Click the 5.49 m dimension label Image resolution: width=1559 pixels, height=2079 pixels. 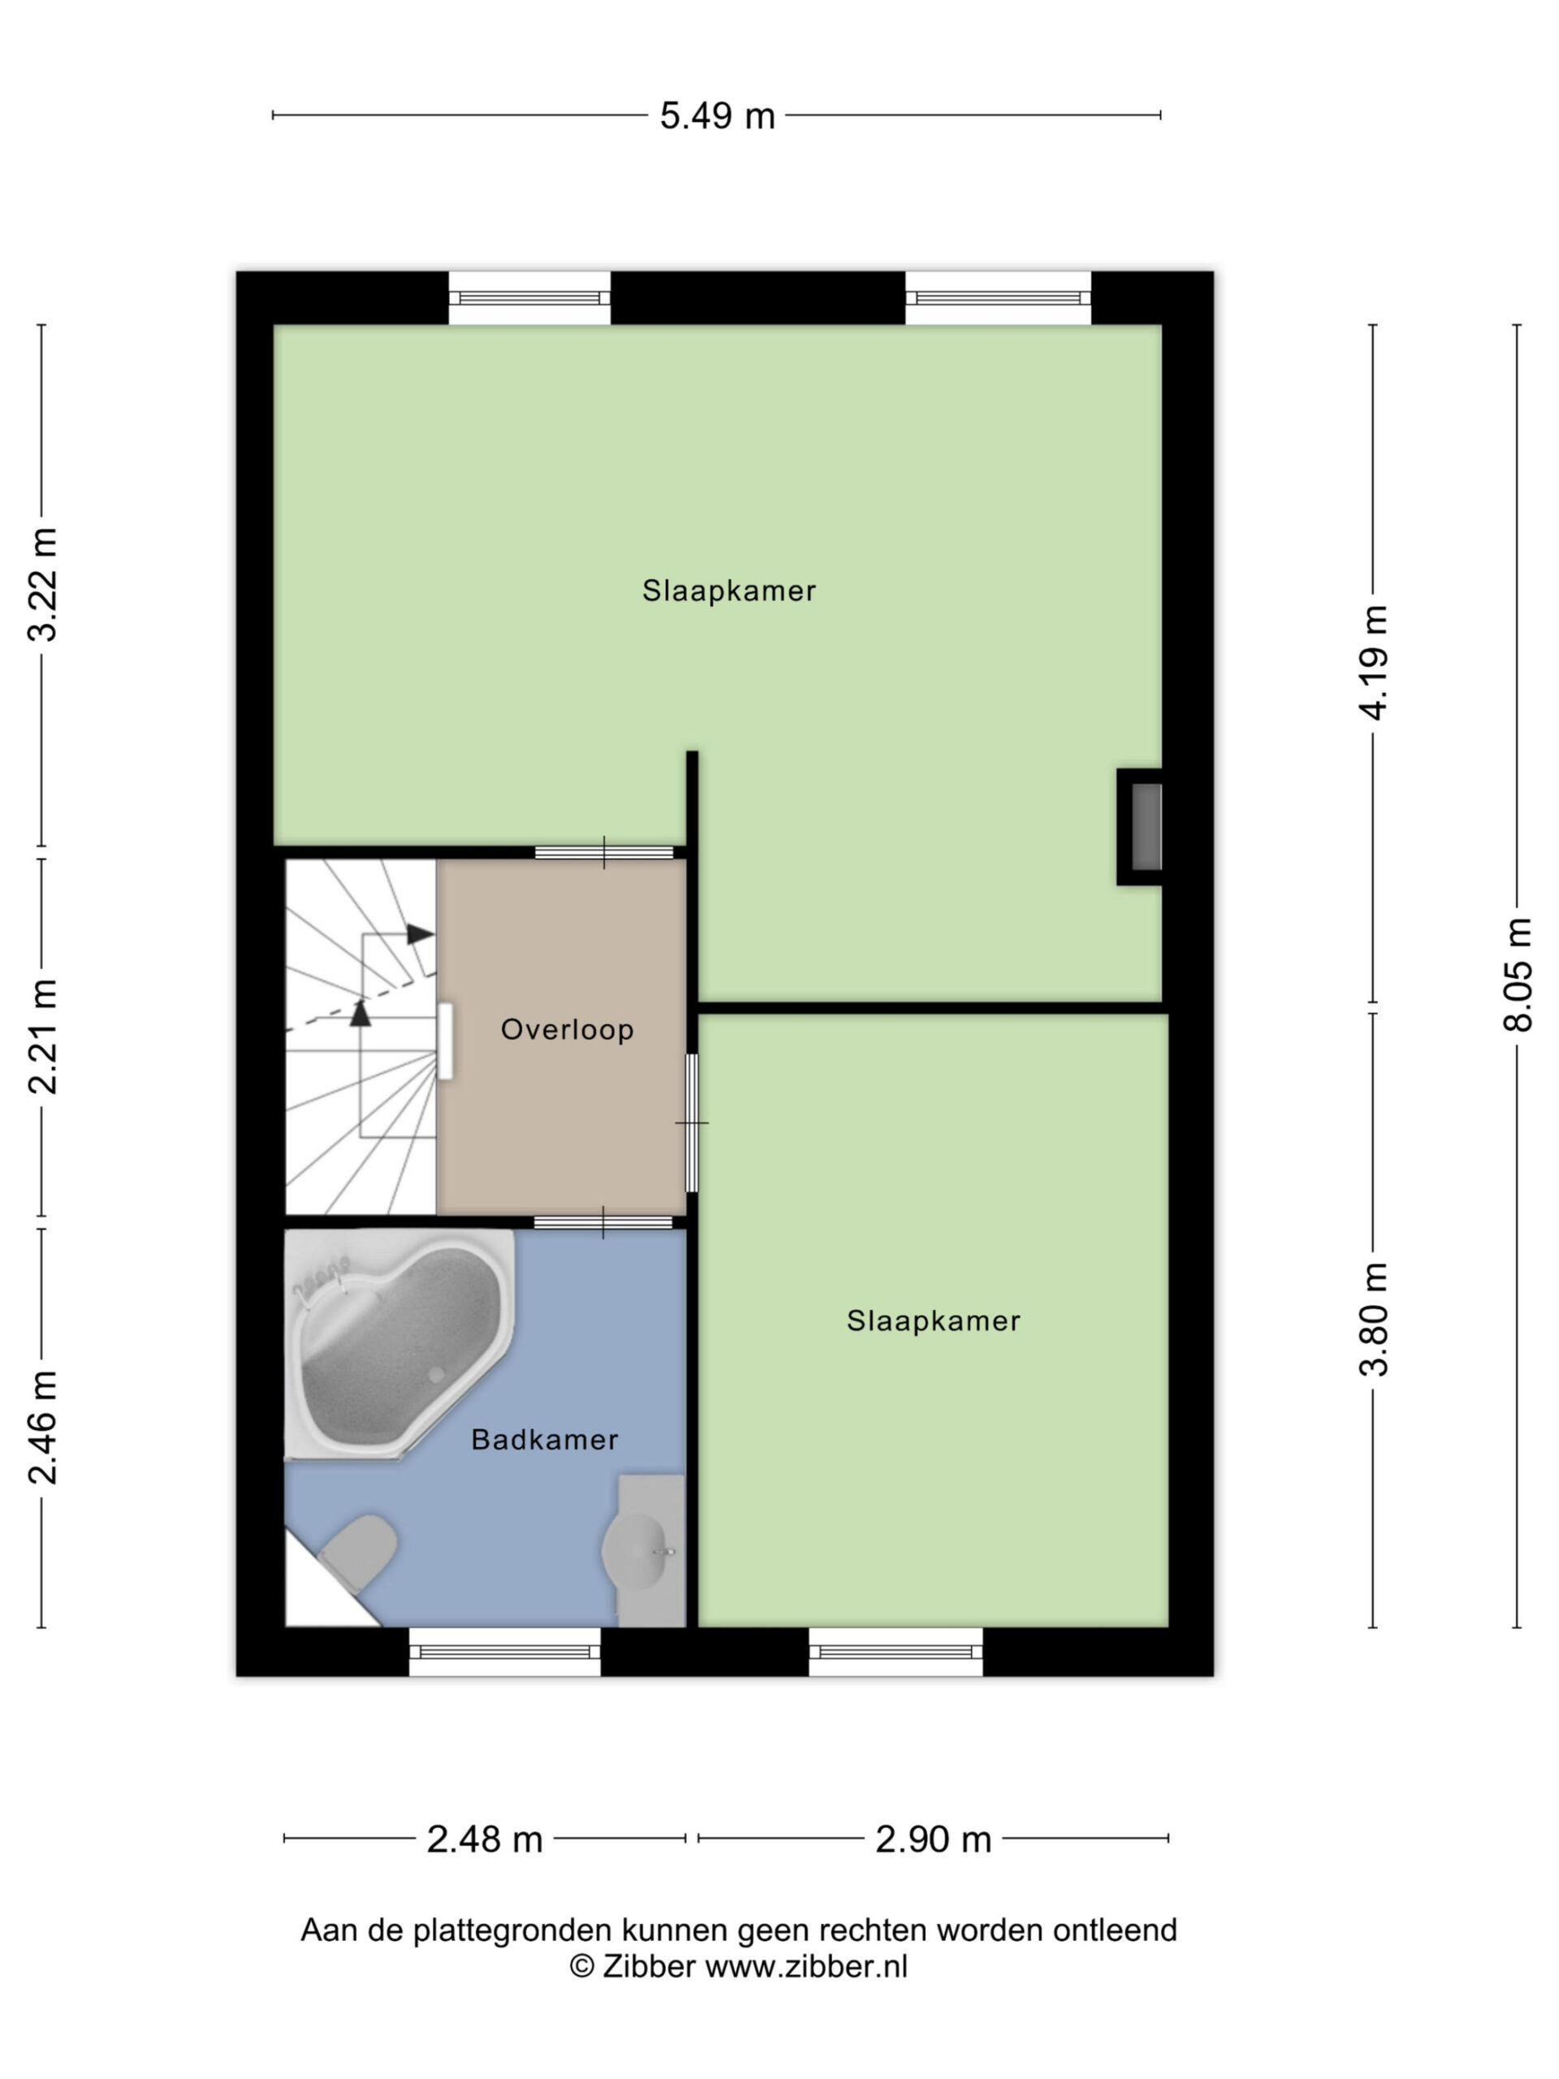(717, 115)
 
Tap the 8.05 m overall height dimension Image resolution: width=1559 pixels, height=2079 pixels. (1517, 974)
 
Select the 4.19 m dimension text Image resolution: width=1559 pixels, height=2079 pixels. (1373, 662)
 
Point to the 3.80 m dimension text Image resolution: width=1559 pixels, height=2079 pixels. (1373, 1318)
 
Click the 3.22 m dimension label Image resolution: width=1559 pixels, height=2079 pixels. (42, 584)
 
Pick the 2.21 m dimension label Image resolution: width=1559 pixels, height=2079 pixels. (42, 1035)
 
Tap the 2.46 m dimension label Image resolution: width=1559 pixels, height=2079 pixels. (42, 1427)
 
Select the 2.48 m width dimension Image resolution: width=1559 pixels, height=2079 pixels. (485, 1839)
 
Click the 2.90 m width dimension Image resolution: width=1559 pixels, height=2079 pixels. (933, 1839)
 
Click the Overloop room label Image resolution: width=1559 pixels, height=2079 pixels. (567, 1029)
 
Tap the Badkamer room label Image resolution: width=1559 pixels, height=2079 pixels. (544, 1439)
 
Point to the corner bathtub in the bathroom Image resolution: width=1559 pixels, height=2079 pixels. (399, 1344)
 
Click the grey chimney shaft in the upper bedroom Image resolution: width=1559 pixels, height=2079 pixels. (1146, 827)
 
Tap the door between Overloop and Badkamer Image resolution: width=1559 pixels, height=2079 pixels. (603, 1223)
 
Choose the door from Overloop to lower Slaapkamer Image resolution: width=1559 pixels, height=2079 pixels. (692, 1122)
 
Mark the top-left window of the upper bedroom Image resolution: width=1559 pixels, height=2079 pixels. (529, 298)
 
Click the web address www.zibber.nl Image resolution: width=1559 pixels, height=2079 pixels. (806, 1966)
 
